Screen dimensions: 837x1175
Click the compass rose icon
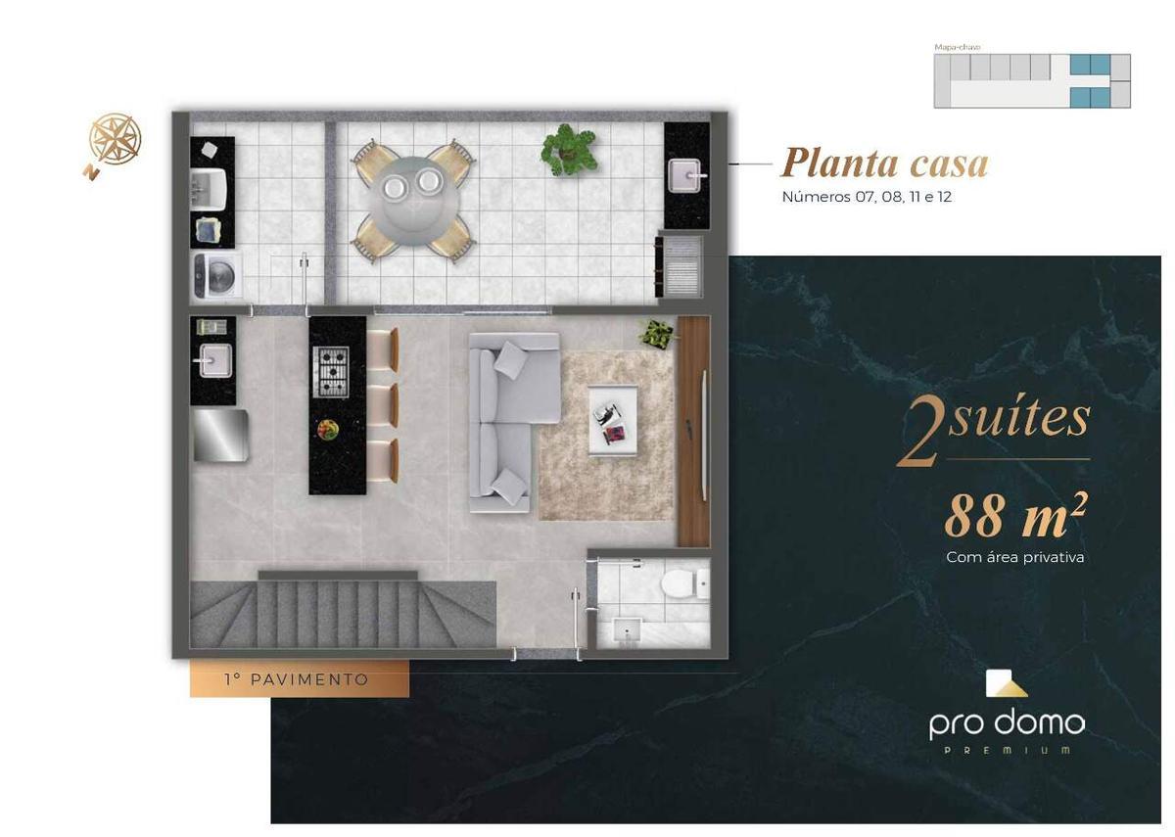[x=115, y=139]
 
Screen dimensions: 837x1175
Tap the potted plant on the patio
[x=568, y=148]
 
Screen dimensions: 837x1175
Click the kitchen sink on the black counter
[x=212, y=360]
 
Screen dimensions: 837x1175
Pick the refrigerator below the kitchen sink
[x=219, y=436]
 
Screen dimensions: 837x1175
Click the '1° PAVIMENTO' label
[x=297, y=679]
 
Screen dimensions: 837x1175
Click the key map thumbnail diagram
[x=1032, y=80]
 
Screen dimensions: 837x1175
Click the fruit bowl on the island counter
[x=326, y=428]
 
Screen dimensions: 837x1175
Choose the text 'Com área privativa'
[x=1014, y=558]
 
